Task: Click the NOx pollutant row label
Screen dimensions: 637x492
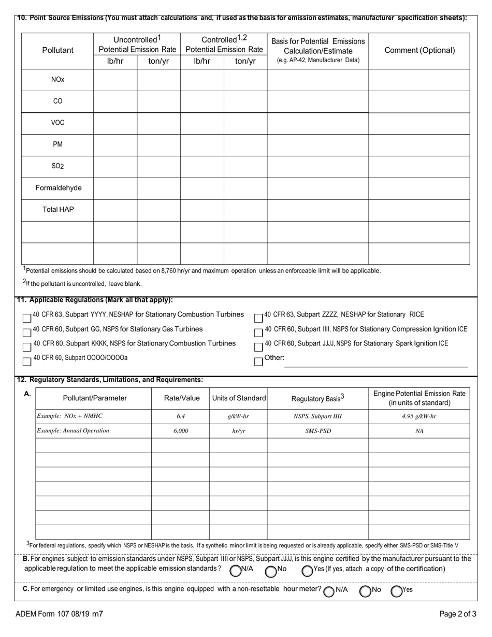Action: [57, 80]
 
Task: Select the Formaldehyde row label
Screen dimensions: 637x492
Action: [58, 188]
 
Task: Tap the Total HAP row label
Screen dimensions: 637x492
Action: [58, 210]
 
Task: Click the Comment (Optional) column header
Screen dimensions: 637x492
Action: [419, 50]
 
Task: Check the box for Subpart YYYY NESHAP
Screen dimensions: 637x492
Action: [27, 317]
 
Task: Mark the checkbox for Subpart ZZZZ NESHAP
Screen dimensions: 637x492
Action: [258, 317]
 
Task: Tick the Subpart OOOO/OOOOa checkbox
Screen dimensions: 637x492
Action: [27, 361]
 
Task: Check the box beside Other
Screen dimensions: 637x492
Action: [258, 361]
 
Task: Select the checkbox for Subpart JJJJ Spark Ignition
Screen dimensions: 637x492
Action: [258, 346]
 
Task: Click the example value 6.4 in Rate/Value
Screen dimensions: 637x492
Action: [180, 416]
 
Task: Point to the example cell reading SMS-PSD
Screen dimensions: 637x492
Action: [317, 431]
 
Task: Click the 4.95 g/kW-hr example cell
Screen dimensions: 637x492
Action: [419, 416]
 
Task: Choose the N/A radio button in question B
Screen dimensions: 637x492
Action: [236, 571]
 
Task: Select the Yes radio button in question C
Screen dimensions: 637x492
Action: [397, 591]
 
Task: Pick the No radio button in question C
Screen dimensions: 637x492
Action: [366, 591]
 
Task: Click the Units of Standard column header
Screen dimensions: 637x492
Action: [238, 398]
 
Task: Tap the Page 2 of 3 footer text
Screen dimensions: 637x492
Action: [458, 615]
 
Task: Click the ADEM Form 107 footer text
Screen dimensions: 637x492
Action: [59, 615]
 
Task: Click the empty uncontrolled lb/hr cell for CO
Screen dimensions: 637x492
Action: [115, 102]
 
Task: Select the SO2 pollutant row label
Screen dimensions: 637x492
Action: [57, 166]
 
